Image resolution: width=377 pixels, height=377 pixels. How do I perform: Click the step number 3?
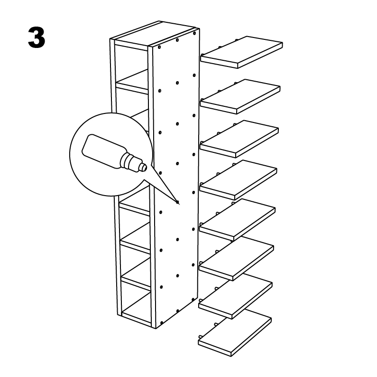click(37, 38)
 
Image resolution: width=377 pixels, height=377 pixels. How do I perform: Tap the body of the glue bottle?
click(102, 151)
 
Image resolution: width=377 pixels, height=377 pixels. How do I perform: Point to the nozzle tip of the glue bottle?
click(144, 167)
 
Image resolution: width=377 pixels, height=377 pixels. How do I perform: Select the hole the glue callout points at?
click(178, 202)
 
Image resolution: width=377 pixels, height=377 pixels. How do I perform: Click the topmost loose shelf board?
click(242, 52)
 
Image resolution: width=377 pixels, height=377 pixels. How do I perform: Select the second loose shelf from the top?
click(240, 96)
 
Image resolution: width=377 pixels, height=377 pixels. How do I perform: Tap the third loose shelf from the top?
click(239, 139)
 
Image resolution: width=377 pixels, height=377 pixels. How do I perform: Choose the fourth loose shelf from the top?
click(238, 179)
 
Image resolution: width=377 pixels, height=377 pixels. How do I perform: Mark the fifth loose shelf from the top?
click(237, 219)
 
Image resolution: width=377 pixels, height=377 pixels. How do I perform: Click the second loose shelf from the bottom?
click(235, 297)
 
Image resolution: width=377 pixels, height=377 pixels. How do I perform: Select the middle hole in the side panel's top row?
click(177, 40)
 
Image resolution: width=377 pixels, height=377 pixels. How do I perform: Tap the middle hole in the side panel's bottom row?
click(178, 311)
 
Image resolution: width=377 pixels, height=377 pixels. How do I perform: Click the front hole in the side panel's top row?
click(159, 47)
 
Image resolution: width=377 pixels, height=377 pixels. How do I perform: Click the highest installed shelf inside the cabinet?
click(132, 82)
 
